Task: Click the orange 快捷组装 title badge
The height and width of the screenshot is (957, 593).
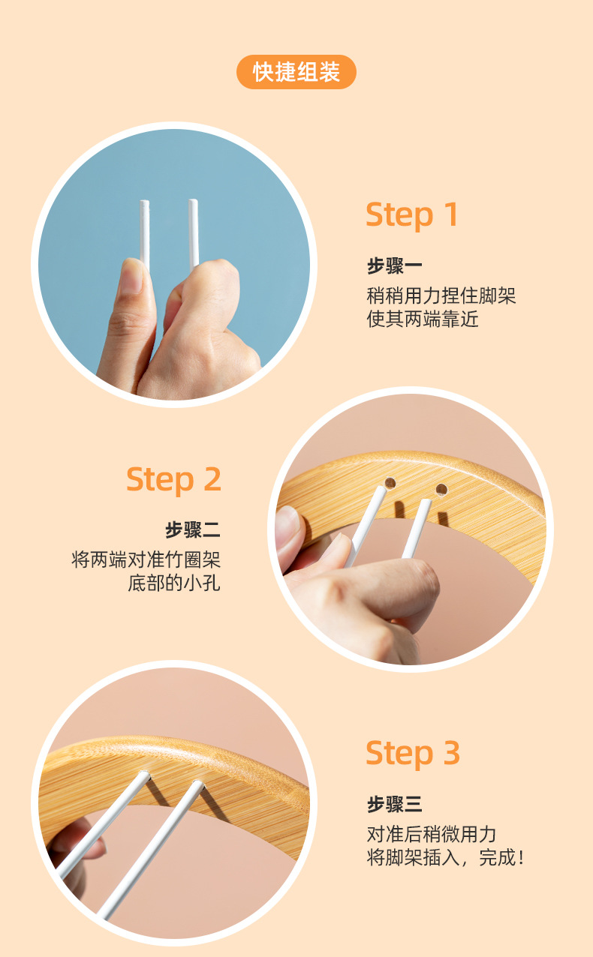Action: pyautogui.click(x=296, y=72)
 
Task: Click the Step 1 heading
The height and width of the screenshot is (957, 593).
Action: pyautogui.click(x=411, y=215)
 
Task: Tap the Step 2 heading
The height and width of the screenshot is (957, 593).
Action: pyautogui.click(x=173, y=479)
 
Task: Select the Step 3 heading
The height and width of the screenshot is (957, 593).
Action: pyautogui.click(x=412, y=753)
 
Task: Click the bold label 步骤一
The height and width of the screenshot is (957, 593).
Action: pyautogui.click(x=394, y=266)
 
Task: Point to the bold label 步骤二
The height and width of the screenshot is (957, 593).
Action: pyautogui.click(x=193, y=530)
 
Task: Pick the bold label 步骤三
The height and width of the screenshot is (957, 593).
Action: pyautogui.click(x=394, y=805)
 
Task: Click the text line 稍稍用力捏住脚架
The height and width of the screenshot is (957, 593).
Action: pyautogui.click(x=441, y=295)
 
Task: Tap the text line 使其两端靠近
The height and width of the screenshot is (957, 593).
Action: pyautogui.click(x=423, y=319)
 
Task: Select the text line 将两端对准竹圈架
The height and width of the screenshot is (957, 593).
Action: pyautogui.click(x=146, y=559)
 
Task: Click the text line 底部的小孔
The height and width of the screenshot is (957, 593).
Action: pyautogui.click(x=174, y=583)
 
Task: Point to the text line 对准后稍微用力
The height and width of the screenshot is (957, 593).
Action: pyautogui.click(x=432, y=833)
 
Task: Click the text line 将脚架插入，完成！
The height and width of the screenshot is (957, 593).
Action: pyautogui.click(x=444, y=858)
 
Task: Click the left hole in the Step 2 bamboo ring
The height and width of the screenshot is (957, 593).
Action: pyautogui.click(x=390, y=482)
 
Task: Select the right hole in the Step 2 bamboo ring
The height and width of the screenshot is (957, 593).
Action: pyautogui.click(x=441, y=490)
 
